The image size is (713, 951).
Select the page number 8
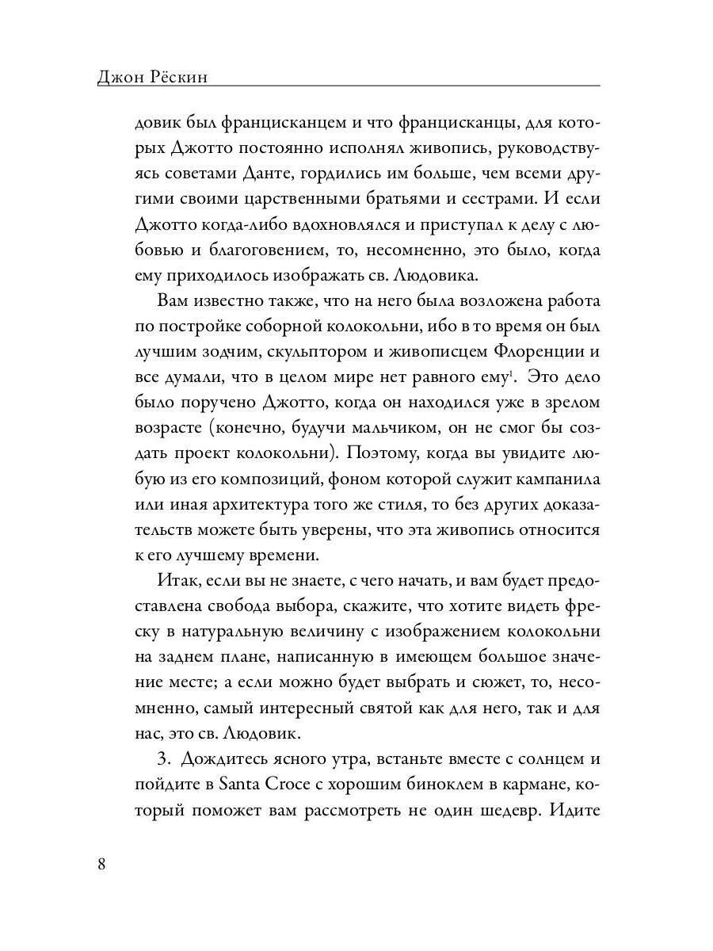101,863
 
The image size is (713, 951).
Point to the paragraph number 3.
164,758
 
